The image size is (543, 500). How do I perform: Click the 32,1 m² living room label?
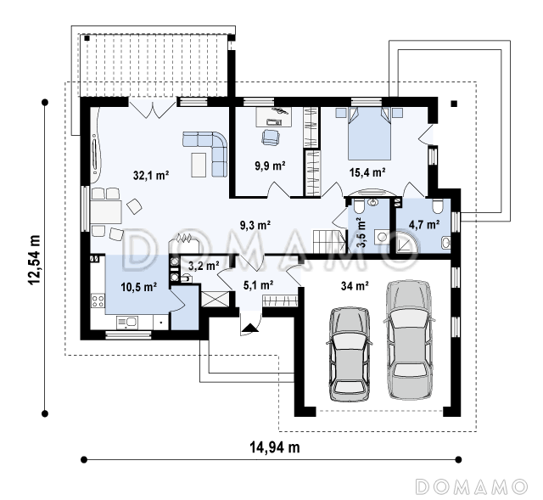point(151,176)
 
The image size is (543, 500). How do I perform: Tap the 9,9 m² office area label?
point(270,166)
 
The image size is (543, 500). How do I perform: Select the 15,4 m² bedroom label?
point(367,172)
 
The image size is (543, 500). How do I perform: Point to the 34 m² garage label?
point(355,286)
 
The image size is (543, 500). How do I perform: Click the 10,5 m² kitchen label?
point(139,287)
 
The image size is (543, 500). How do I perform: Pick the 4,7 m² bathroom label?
point(424,224)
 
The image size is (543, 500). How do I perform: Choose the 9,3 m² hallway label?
point(255,225)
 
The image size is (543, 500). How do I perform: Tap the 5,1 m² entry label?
point(259,285)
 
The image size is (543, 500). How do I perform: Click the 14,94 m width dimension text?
point(275,447)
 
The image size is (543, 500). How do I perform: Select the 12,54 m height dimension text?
point(34,260)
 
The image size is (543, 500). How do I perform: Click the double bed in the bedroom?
point(369,133)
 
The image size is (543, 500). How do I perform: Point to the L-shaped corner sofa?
point(205,153)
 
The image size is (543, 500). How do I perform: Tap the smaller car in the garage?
point(349,354)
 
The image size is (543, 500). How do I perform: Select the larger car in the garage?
point(409,340)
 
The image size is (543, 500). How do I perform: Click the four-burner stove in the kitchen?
point(98,301)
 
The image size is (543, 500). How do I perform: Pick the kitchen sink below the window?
point(127,323)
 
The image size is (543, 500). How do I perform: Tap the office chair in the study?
point(270,137)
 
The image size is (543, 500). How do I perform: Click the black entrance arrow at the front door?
point(249,329)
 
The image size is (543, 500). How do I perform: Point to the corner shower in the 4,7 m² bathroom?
point(407,243)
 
